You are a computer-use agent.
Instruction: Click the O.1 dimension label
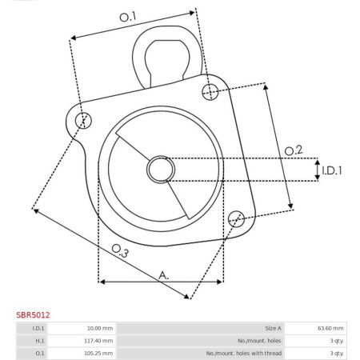pos(128,16)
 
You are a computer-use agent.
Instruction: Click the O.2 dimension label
pos(294,149)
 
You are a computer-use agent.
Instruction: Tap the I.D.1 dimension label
pos(332,170)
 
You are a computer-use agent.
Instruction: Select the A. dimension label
pos(164,274)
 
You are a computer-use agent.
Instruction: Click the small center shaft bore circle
pos(160,169)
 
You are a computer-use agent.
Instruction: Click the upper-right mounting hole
pos(210,90)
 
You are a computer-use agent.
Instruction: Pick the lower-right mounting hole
pos(236,218)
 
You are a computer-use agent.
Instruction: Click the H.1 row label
pos(38,340)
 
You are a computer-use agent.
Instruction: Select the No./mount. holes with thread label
pos(243,352)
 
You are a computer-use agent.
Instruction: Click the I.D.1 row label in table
pos(38,328)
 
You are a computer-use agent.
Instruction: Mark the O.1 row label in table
pos(38,352)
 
